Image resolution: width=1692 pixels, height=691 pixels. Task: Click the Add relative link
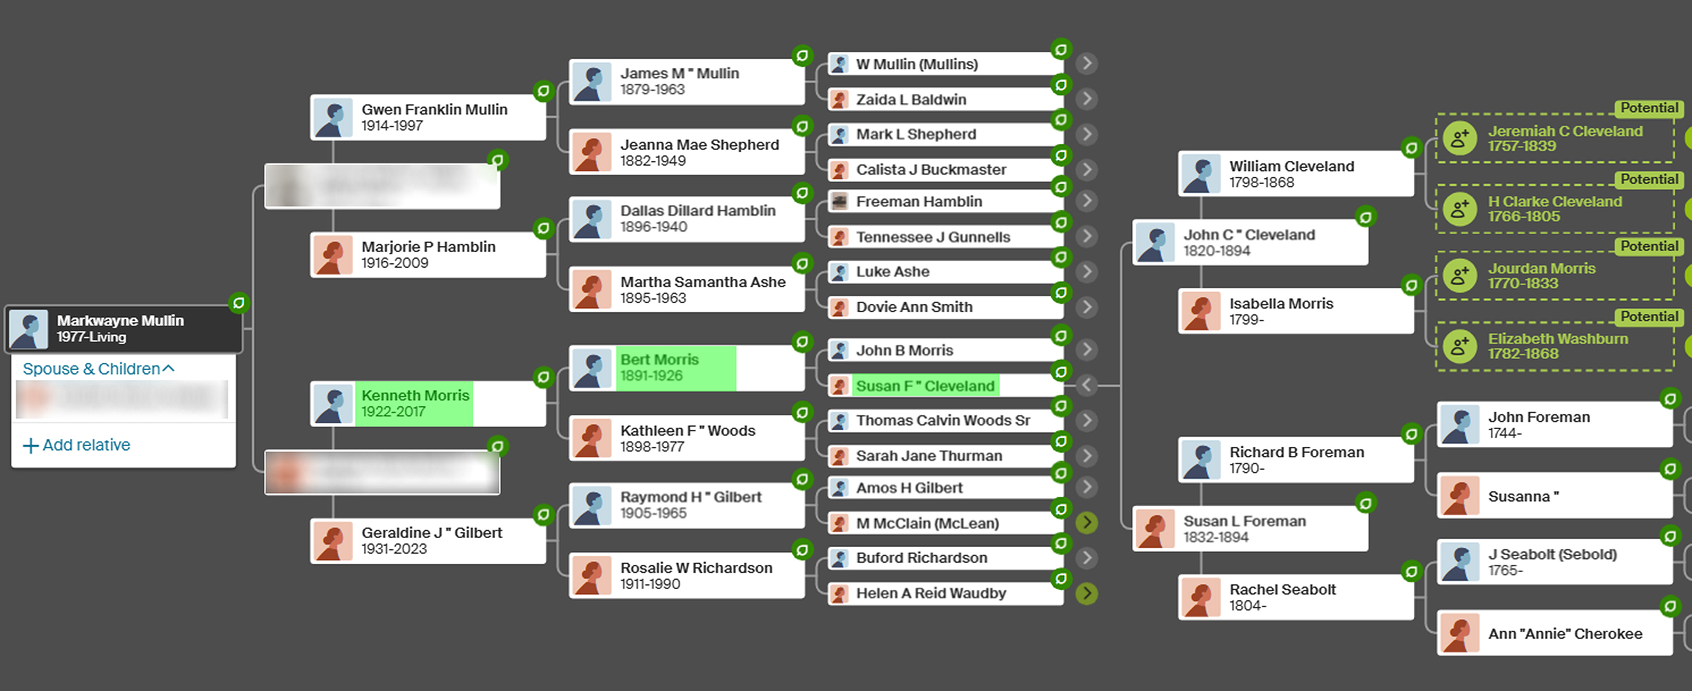click(x=77, y=445)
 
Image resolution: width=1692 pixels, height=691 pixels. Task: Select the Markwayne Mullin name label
click(x=120, y=320)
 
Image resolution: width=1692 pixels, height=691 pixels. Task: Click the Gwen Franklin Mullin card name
click(x=434, y=110)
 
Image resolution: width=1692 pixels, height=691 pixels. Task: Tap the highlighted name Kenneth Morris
click(x=415, y=395)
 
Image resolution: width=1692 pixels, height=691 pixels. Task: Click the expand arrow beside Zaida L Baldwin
click(x=1087, y=99)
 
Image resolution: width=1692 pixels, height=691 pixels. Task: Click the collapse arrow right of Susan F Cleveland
click(x=1087, y=385)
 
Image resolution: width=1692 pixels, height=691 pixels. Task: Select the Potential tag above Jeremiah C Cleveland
click(x=1649, y=108)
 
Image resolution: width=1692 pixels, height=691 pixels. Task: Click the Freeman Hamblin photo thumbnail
click(x=839, y=202)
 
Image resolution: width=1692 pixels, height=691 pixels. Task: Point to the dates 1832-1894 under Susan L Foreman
click(x=1216, y=537)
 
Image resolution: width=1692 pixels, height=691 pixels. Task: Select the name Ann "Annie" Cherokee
click(x=1565, y=634)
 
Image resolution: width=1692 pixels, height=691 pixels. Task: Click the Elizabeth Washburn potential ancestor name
click(x=1558, y=339)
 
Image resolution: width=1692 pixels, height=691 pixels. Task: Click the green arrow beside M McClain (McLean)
click(x=1087, y=523)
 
